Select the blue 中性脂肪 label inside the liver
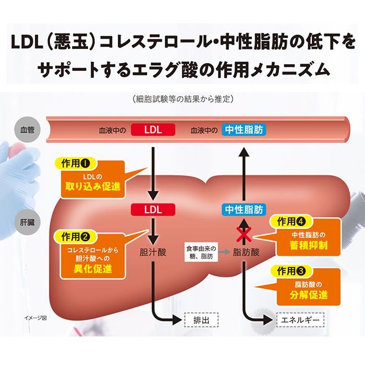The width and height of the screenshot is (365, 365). (x=244, y=210)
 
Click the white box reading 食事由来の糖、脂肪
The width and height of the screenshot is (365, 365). (x=201, y=252)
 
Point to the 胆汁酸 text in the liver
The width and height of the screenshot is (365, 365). (x=153, y=252)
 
